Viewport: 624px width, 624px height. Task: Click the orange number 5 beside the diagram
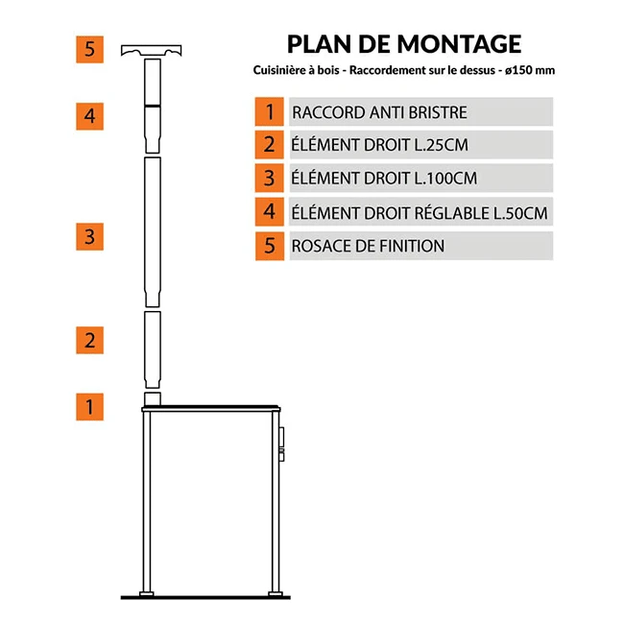[x=89, y=49]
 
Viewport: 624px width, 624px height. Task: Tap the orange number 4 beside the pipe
[x=89, y=116]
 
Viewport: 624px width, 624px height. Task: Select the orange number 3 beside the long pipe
[x=89, y=237]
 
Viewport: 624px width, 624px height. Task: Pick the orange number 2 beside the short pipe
[x=89, y=340]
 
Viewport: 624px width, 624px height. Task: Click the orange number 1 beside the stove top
[x=89, y=407]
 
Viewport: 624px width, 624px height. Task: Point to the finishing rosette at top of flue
[x=152, y=50]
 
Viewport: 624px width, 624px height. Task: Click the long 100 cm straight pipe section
[x=153, y=232]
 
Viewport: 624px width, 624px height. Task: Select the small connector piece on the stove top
[x=153, y=398]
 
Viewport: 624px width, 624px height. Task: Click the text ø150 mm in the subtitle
[x=530, y=70]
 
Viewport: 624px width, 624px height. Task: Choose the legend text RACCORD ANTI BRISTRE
[x=379, y=112]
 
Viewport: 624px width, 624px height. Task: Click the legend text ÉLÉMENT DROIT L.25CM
[x=379, y=144]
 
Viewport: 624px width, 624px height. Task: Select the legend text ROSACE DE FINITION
[x=368, y=246]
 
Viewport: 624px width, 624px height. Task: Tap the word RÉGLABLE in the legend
[x=451, y=212]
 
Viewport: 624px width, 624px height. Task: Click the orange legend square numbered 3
[x=270, y=178]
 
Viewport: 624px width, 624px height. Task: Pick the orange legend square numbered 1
[x=270, y=111]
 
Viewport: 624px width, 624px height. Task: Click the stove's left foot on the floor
[x=147, y=594]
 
